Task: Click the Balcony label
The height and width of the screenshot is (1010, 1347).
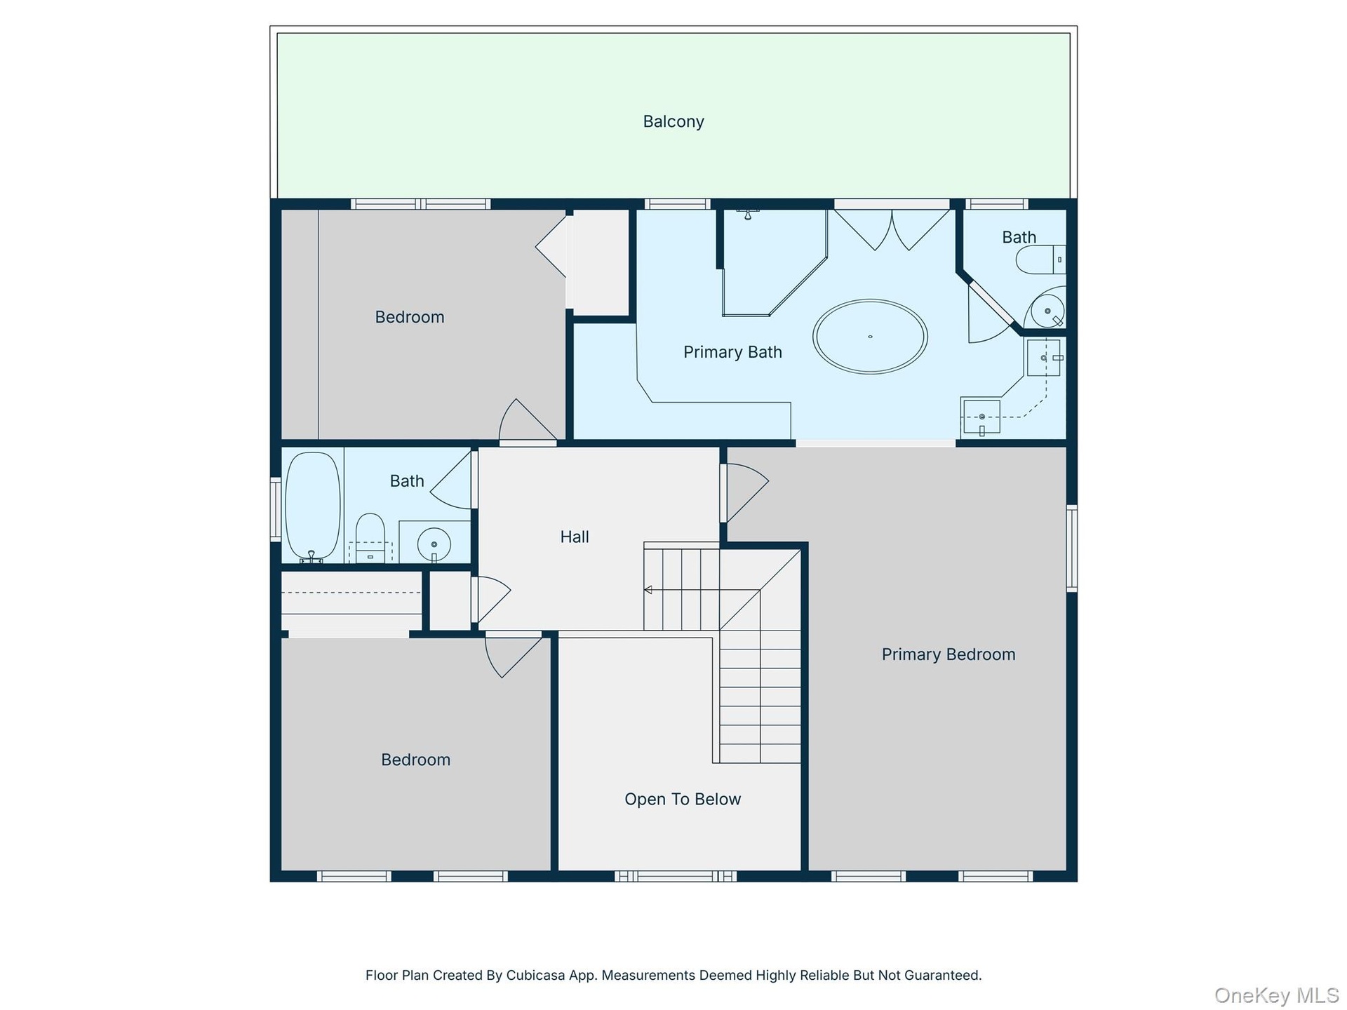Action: (673, 121)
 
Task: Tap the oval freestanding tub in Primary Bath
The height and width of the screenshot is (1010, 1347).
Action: (870, 337)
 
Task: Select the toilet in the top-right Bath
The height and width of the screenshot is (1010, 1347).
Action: (1040, 260)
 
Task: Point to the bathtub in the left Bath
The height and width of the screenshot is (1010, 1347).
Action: (313, 506)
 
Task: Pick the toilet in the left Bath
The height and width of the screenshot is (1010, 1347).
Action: (370, 537)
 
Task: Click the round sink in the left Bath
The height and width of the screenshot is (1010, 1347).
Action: (434, 544)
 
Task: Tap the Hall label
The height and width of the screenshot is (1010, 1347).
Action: (575, 537)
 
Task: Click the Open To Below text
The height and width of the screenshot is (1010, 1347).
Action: (683, 799)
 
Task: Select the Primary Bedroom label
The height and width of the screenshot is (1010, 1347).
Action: (949, 654)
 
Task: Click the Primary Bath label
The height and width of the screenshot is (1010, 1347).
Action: (732, 352)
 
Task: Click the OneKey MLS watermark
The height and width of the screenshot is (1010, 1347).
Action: (1277, 995)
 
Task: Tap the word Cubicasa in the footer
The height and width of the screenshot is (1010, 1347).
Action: (535, 975)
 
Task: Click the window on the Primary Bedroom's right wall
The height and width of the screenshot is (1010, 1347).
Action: (1072, 548)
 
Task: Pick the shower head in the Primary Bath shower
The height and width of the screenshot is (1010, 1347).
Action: (748, 214)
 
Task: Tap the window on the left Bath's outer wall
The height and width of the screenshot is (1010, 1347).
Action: (276, 509)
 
